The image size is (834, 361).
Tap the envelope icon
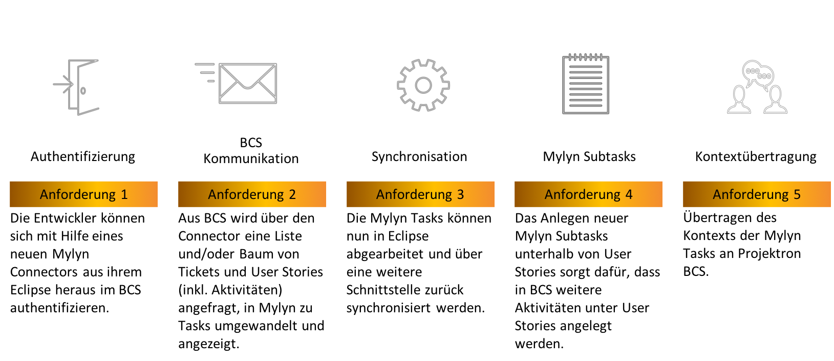point(248,84)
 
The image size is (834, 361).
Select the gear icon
point(423,85)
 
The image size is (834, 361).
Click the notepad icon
point(586,85)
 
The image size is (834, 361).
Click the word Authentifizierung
point(83,156)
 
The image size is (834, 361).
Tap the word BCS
point(251,143)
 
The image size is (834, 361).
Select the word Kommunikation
point(251,158)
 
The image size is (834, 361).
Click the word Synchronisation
point(419,156)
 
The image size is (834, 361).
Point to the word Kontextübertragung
point(756,157)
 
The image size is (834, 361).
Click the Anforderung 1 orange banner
point(83,194)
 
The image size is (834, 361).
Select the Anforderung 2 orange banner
point(252,194)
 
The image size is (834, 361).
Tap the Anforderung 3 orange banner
point(420,194)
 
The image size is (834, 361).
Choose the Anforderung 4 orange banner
point(588,194)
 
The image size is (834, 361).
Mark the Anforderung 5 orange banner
point(757,194)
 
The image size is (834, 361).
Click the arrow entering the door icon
point(63,85)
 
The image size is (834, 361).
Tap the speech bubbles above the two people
point(758,73)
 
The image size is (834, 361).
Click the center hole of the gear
point(423,85)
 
